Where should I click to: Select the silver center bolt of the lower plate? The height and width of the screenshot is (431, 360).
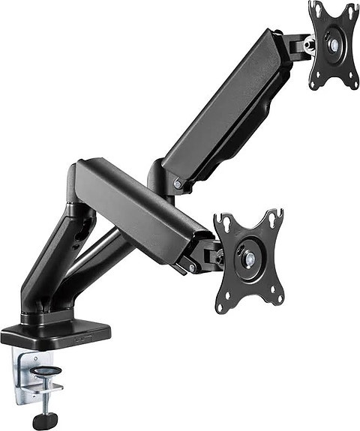[x=250, y=259]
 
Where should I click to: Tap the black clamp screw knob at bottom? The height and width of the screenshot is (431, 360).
[x=46, y=421]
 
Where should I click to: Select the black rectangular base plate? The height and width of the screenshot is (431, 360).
[x=56, y=334]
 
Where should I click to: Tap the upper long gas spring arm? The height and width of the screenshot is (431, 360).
[x=225, y=112]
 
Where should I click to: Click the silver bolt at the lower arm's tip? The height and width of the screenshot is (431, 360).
[x=192, y=266]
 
